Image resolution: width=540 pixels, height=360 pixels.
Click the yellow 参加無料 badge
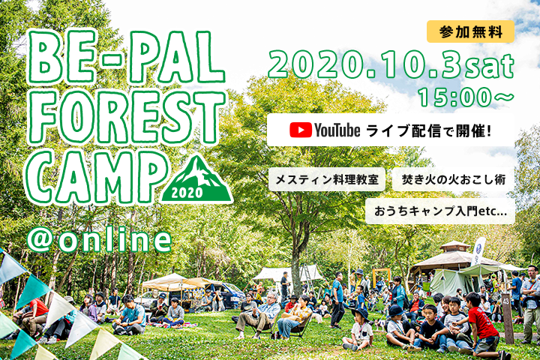[470, 31]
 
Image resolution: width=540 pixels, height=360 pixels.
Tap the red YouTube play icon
[300, 130]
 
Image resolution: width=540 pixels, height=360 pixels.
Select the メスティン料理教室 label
[327, 179]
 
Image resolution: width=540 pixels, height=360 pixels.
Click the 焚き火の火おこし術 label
[453, 179]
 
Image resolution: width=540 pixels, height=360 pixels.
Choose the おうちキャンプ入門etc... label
[440, 211]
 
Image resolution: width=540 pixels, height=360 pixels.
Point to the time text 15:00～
[466, 97]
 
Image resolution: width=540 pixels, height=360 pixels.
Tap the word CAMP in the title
[96, 178]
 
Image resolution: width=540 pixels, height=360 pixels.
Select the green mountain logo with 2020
[196, 180]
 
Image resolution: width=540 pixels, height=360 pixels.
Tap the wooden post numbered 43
[506, 317]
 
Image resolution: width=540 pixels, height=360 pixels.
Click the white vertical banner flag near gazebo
[478, 250]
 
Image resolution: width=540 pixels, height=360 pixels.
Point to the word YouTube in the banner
[337, 130]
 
